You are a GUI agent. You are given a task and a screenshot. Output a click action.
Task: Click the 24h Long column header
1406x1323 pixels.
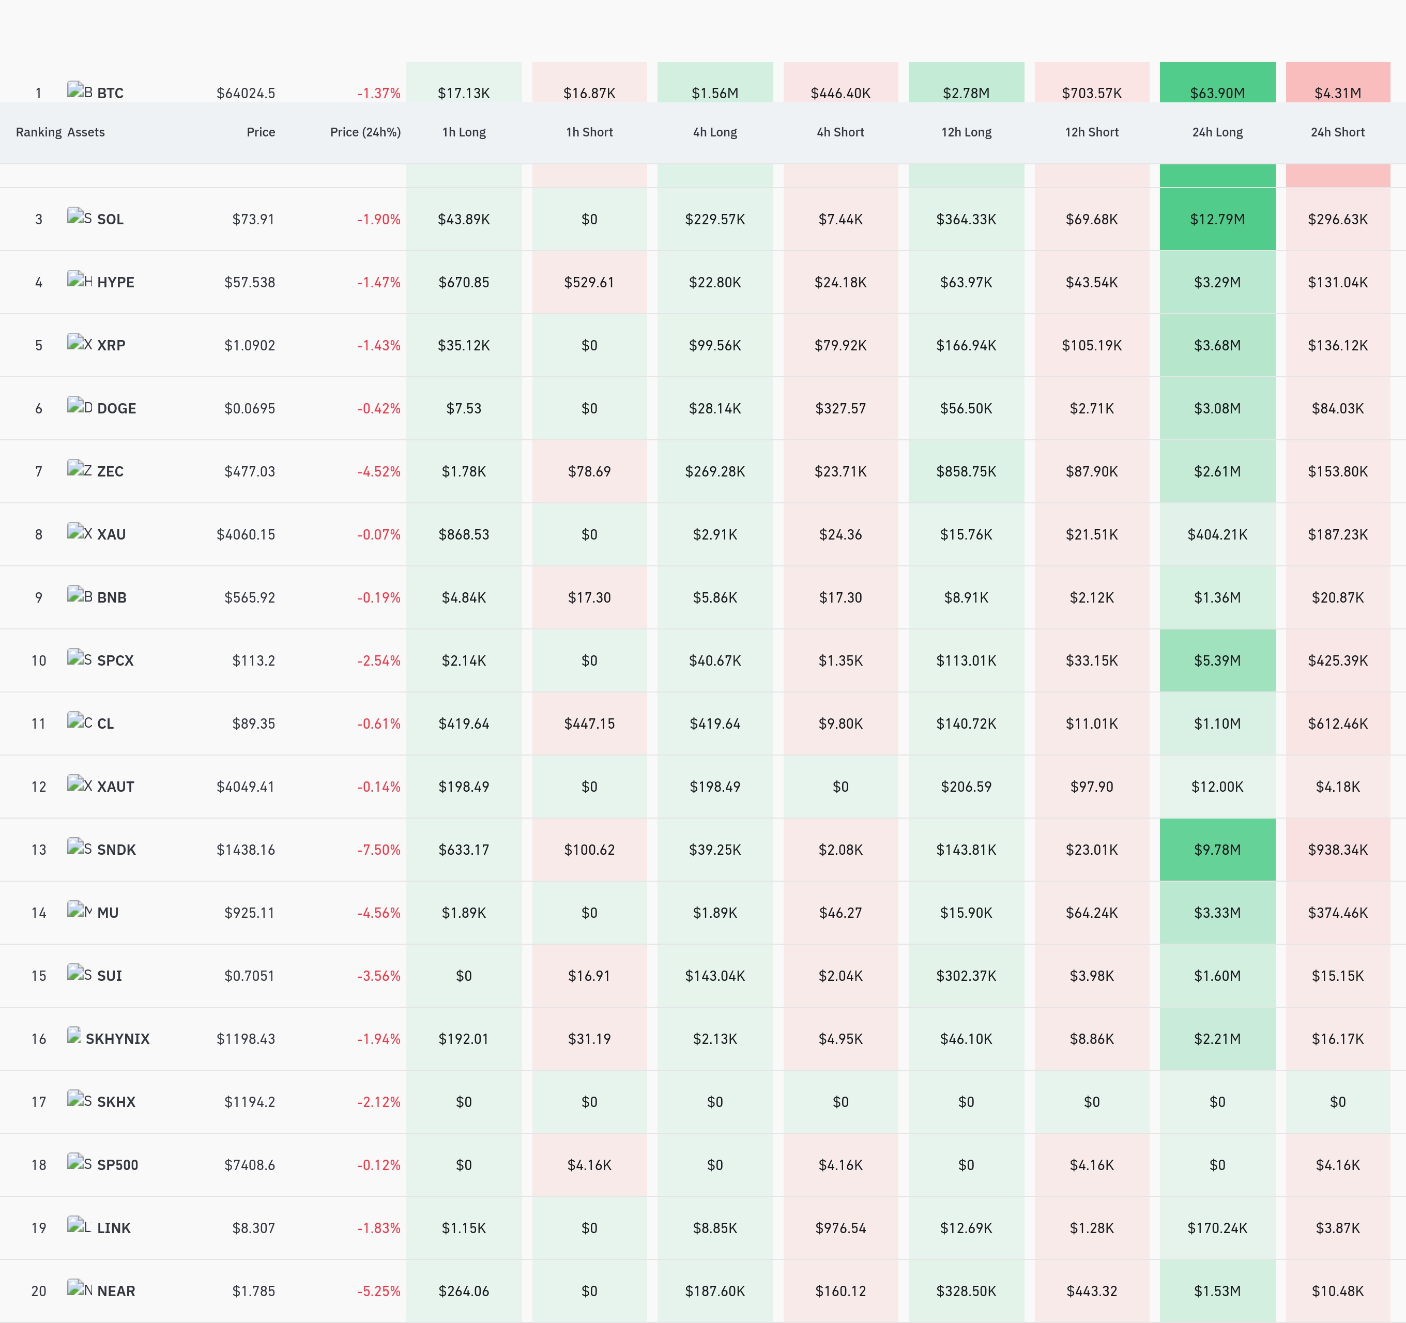pos(1217,132)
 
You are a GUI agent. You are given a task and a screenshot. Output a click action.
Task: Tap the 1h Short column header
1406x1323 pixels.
pos(589,132)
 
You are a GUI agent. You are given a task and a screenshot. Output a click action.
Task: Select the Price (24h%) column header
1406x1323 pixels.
pos(365,132)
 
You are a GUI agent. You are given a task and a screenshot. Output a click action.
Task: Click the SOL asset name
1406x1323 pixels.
pos(110,219)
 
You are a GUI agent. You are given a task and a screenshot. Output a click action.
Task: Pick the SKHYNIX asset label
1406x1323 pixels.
pos(117,1039)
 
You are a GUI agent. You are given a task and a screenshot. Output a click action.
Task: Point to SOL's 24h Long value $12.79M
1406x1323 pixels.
pos(1217,219)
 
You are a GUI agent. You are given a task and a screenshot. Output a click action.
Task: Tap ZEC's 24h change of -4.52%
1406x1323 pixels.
pos(378,472)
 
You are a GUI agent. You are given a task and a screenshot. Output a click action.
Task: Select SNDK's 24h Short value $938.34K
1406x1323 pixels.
pos(1337,850)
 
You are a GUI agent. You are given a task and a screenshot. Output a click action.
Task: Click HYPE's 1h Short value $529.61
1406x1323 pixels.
pos(589,283)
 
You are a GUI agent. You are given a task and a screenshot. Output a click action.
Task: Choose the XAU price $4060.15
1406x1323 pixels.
pos(246,534)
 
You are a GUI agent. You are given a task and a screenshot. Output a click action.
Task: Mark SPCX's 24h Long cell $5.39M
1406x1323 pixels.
pos(1217,660)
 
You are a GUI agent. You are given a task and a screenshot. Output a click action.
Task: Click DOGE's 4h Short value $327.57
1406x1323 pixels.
pos(840,409)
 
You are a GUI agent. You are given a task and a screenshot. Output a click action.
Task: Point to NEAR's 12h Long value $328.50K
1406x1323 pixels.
pos(966,1291)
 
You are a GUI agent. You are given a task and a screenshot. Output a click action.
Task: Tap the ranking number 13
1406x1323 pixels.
pos(39,850)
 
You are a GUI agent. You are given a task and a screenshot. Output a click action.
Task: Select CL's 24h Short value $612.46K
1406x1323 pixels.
pos(1337,724)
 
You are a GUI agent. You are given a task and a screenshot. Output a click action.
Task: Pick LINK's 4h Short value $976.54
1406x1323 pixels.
pos(840,1228)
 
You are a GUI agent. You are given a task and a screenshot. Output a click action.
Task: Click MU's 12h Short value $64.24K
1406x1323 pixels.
pos(1091,913)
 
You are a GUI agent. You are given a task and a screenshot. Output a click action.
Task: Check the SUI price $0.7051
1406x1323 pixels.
pos(250,976)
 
